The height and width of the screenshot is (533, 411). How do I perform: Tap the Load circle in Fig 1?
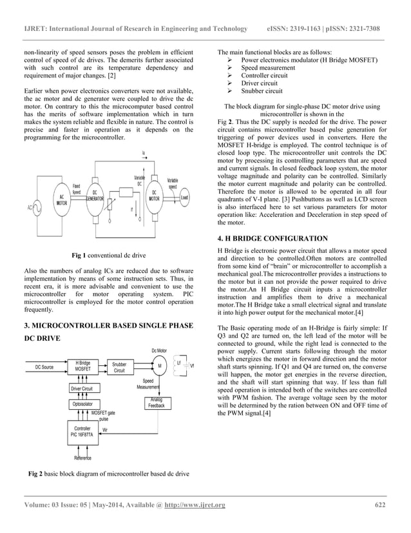pyautogui.click(x=184, y=197)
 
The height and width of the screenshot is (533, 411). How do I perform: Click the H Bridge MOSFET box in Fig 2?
pyautogui.click(x=82, y=367)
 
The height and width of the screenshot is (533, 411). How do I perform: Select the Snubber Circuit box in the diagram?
pyautogui.click(x=119, y=367)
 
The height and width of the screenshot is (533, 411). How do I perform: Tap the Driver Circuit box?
pyautogui.click(x=82, y=389)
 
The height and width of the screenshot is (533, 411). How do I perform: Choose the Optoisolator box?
pyautogui.click(x=82, y=404)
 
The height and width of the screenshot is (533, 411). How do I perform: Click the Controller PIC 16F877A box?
pyautogui.click(x=82, y=432)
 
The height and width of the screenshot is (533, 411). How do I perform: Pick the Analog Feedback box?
pyautogui.click(x=157, y=403)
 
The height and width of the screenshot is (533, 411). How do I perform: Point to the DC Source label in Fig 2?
pyautogui.click(x=44, y=367)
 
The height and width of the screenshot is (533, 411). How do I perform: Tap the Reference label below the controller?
pyautogui.click(x=82, y=458)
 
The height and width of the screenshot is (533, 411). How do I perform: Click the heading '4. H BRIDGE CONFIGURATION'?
pyautogui.click(x=273, y=238)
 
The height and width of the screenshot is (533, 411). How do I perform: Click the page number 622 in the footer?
pyautogui.click(x=380, y=505)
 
